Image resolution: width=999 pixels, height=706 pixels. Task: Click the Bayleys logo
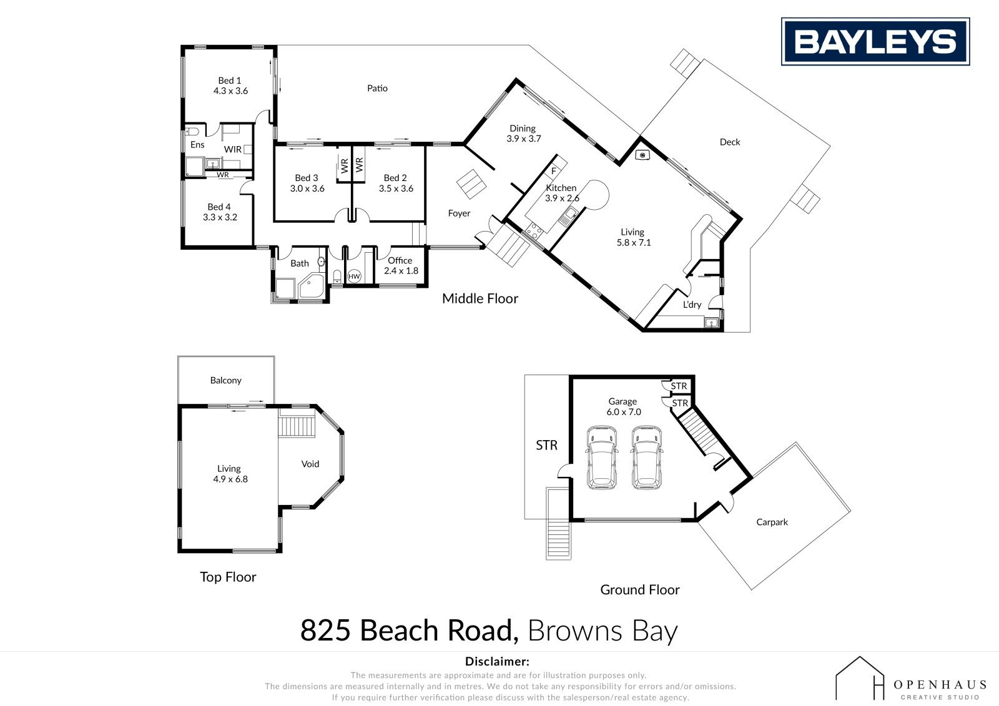875,41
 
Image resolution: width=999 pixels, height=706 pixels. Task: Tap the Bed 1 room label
230,86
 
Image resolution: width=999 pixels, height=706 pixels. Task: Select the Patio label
377,88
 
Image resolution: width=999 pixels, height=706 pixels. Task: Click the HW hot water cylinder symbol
354,277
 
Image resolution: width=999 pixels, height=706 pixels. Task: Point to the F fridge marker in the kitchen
553,171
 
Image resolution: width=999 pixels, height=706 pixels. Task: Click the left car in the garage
602,457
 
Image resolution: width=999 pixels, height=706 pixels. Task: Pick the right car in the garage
646,457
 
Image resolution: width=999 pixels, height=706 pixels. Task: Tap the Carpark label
772,522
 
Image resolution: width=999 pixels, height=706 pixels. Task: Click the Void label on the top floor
310,464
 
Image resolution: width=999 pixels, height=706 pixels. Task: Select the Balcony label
225,380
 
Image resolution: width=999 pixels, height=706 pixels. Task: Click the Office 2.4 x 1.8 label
400,265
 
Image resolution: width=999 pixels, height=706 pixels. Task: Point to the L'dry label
692,305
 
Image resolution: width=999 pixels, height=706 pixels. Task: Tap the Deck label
730,142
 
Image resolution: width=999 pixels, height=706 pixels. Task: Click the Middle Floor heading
480,298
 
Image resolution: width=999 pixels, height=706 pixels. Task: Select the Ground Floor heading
639,590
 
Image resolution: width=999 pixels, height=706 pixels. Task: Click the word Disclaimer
497,662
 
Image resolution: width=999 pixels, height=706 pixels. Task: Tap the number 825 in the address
325,630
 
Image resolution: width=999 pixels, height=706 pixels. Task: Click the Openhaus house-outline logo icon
860,677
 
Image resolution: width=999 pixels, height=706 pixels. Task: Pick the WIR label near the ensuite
233,149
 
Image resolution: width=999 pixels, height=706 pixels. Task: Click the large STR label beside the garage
546,445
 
